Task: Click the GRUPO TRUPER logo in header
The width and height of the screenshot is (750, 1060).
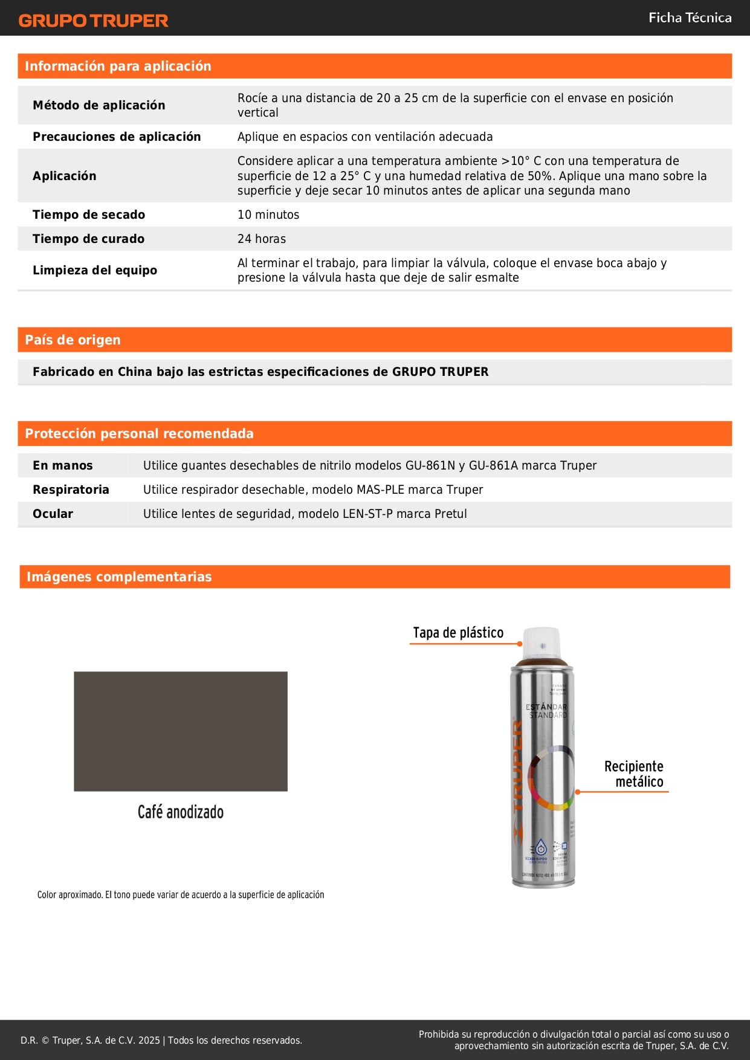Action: pyautogui.click(x=93, y=21)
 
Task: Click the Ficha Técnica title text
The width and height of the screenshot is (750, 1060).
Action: pyautogui.click(x=690, y=18)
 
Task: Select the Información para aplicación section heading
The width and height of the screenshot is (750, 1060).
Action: pyautogui.click(x=118, y=66)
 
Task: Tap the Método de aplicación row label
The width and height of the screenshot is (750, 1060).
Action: pyautogui.click(x=99, y=105)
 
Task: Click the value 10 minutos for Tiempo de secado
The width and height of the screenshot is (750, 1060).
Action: pyautogui.click(x=268, y=215)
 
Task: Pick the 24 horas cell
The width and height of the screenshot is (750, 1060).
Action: pyautogui.click(x=262, y=239)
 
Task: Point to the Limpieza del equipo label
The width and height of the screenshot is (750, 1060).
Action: pyautogui.click(x=95, y=270)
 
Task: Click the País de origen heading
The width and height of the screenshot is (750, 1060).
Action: pyautogui.click(x=73, y=340)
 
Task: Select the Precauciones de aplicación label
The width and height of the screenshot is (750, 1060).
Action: pyautogui.click(x=117, y=137)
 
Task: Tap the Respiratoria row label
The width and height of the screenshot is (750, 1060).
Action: pyautogui.click(x=71, y=490)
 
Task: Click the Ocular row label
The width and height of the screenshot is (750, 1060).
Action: pyautogui.click(x=53, y=514)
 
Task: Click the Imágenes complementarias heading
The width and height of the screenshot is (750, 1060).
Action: pyautogui.click(x=119, y=577)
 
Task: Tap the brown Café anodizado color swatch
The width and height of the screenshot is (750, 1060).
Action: pyautogui.click(x=180, y=731)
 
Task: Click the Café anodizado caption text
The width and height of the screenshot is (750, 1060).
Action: pyautogui.click(x=180, y=812)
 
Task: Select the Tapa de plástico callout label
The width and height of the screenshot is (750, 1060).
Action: pyautogui.click(x=458, y=633)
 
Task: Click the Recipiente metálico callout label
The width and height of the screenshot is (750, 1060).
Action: pyautogui.click(x=633, y=774)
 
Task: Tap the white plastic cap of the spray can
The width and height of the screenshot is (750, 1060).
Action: pyautogui.click(x=541, y=643)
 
